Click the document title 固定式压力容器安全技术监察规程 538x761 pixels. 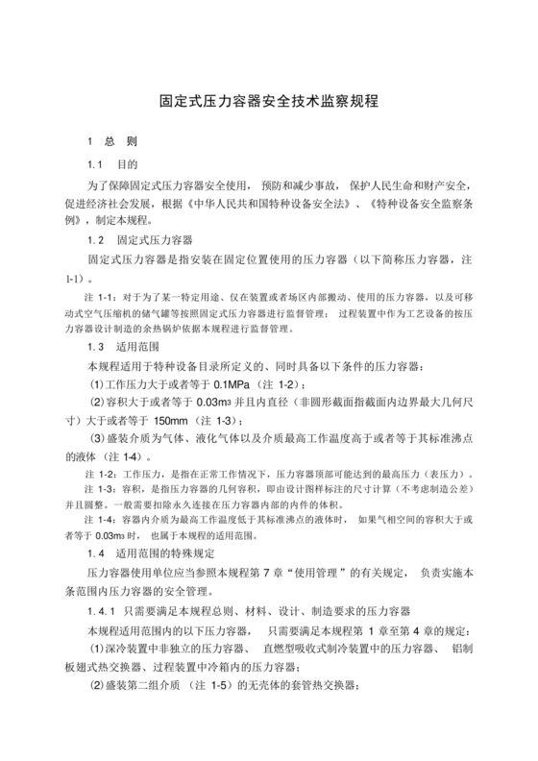(x=269, y=100)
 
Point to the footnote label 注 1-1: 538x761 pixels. (x=101, y=296)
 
